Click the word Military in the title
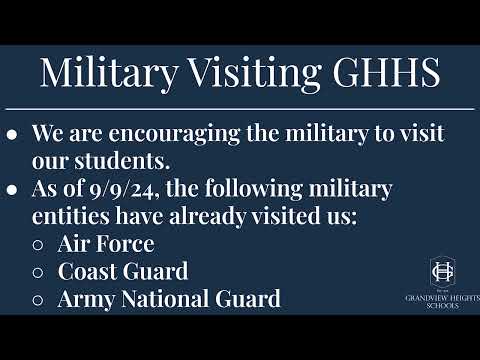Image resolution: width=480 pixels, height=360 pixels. click(109, 74)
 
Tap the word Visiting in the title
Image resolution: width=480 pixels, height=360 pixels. click(255, 74)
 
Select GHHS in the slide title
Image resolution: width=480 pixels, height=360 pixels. click(387, 72)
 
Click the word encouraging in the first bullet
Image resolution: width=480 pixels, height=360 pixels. click(174, 134)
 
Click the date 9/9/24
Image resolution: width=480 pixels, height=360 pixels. click(123, 189)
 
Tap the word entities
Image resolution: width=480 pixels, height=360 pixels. click(70, 216)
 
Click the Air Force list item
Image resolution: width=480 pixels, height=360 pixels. click(106, 244)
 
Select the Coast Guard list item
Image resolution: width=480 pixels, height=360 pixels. click(123, 271)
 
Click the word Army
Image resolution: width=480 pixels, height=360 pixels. click(86, 299)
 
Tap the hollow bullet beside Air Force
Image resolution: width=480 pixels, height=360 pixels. click(38, 245)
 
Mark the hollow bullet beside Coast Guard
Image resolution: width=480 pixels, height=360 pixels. click(38, 272)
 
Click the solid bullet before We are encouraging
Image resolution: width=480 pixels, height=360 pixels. click(12, 135)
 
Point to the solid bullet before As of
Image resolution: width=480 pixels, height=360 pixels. click(12, 190)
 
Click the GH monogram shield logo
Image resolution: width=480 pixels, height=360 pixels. click(442, 272)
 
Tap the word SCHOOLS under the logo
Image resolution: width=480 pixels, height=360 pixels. click(442, 305)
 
